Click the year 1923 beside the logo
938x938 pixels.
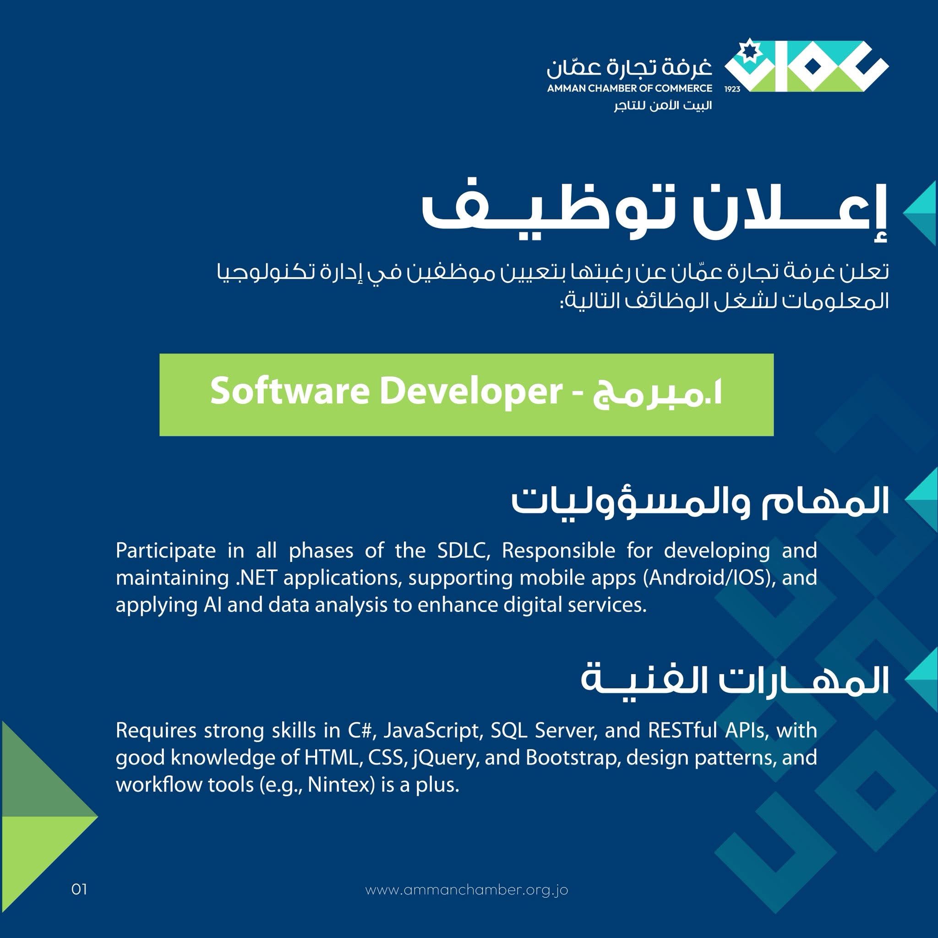click(732, 89)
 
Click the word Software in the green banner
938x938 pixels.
click(290, 391)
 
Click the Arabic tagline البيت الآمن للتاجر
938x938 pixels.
click(663, 106)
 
